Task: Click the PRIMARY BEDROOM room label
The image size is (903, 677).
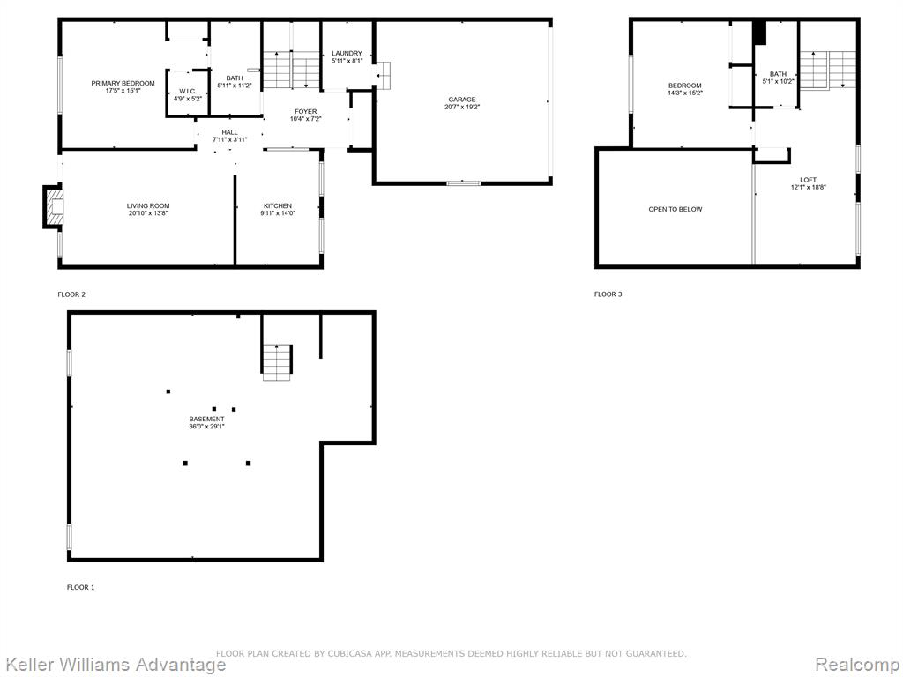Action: [123, 84]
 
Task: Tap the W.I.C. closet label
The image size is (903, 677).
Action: [188, 92]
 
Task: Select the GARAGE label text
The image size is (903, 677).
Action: [462, 100]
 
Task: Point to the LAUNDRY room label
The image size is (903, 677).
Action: [347, 54]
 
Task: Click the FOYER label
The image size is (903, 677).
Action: [305, 112]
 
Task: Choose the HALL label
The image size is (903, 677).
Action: [229, 132]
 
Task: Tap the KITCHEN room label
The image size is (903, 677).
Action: [278, 206]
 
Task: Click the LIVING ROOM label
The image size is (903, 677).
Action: [148, 206]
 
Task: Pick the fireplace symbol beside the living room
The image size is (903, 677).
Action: [53, 206]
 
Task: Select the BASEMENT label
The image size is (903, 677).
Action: [206, 419]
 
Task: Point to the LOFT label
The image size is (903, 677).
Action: [808, 180]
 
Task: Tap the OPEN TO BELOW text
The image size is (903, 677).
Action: [675, 210]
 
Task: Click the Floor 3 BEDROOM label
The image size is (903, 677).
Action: [684, 86]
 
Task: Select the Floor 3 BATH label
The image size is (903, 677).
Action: [778, 74]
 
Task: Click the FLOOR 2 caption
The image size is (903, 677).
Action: [71, 294]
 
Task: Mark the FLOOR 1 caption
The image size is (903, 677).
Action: [80, 588]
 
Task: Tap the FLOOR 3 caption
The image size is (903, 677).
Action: [608, 294]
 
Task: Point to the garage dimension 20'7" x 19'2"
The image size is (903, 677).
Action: [462, 107]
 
